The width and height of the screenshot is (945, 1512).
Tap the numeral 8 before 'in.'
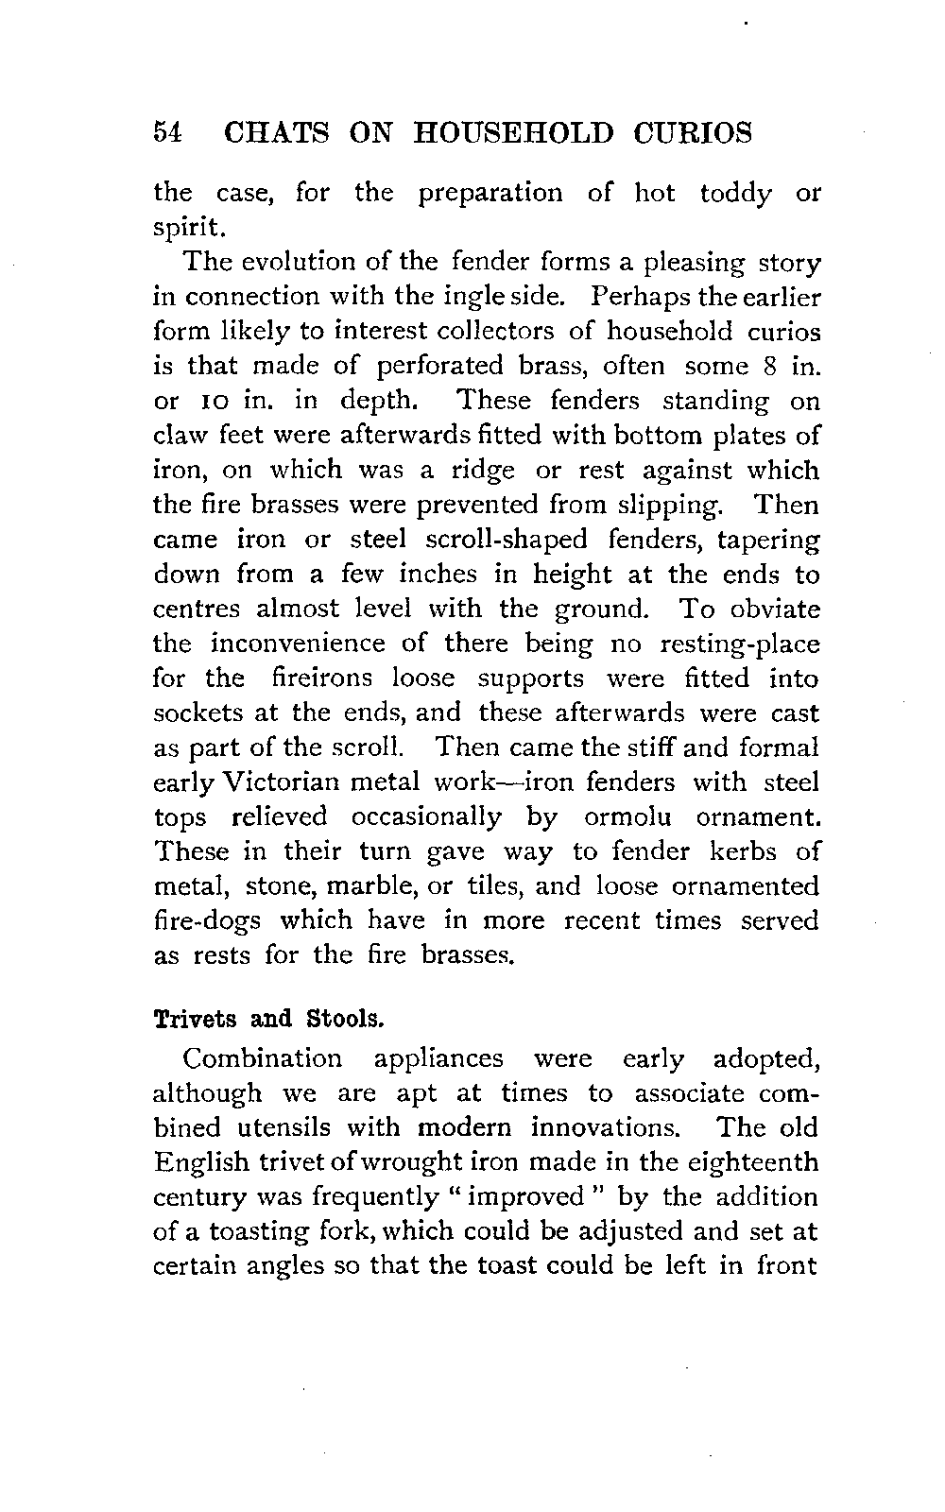click(x=767, y=366)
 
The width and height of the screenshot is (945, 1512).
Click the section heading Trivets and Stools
click(x=269, y=1021)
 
